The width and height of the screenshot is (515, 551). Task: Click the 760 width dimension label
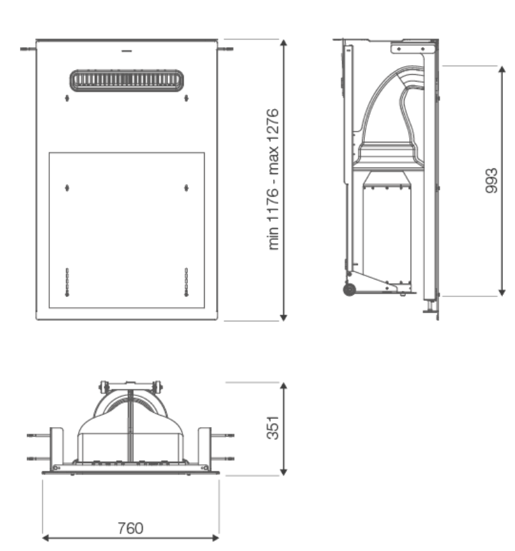pyautogui.click(x=131, y=528)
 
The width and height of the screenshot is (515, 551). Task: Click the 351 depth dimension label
pyautogui.click(x=273, y=428)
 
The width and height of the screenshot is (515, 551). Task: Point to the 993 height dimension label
pyautogui.click(x=491, y=181)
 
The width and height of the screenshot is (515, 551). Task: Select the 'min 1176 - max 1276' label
pyautogui.click(x=273, y=179)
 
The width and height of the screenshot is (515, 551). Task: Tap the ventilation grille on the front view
pyautogui.click(x=127, y=80)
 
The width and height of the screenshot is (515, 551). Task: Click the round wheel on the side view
pyautogui.click(x=349, y=290)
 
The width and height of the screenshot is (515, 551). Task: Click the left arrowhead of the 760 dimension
pyautogui.click(x=45, y=538)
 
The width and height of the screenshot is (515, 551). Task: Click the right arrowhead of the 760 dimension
pyautogui.click(x=215, y=538)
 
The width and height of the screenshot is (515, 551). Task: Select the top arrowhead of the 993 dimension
pyautogui.click(x=502, y=69)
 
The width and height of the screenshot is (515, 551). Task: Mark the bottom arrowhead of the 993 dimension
pyautogui.click(x=502, y=292)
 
